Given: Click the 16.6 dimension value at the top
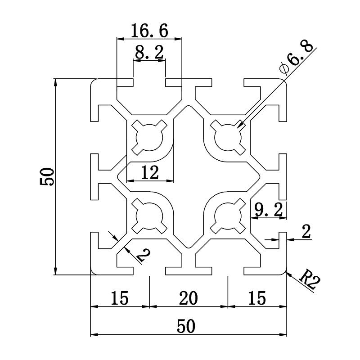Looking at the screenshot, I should [149, 31].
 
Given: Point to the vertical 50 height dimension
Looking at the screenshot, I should [47, 176].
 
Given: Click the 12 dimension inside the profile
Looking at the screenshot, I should [149, 173].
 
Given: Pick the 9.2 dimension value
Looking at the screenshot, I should [268, 209].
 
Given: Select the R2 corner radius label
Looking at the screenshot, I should [310, 279].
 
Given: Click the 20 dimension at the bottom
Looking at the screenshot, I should [188, 297].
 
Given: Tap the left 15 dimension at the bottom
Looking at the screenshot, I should [119, 297].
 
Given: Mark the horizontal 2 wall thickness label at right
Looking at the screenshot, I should [306, 232].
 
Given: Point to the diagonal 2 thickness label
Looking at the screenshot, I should [142, 255].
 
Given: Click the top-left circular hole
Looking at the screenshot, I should [149, 136].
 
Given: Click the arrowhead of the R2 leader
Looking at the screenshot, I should [288, 272].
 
